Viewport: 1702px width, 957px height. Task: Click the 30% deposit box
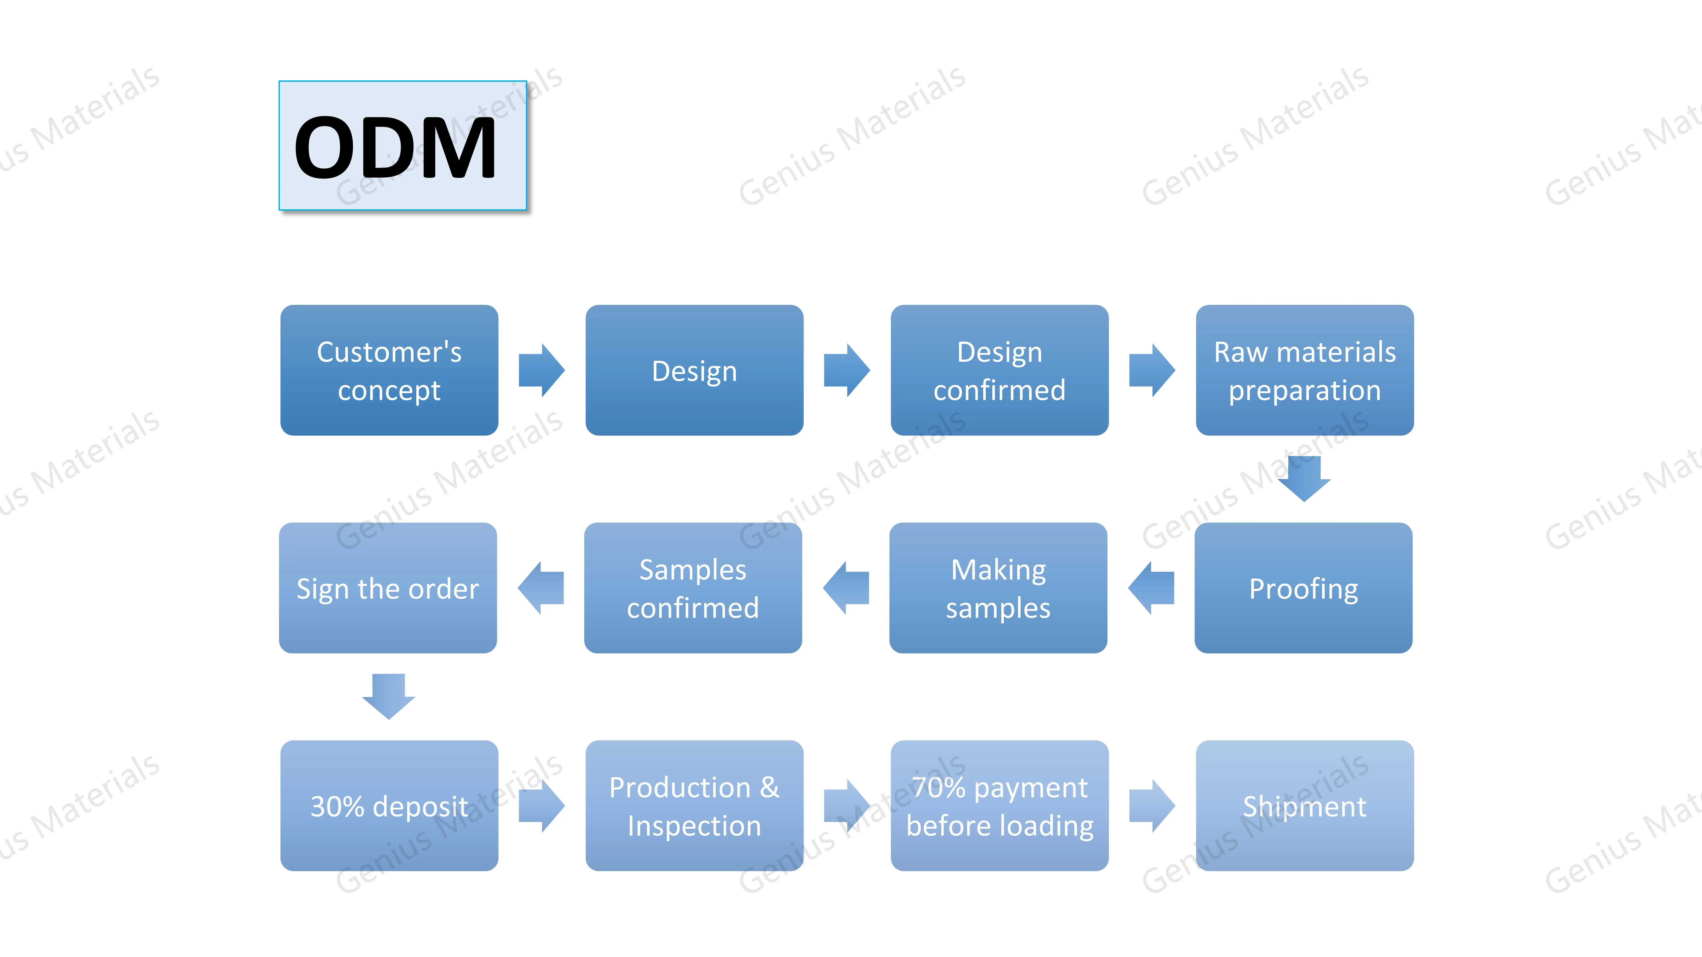click(389, 806)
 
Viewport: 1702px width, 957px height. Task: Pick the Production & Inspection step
click(694, 806)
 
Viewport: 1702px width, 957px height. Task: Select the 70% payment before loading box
click(1000, 806)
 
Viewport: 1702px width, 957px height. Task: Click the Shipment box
click(1305, 806)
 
